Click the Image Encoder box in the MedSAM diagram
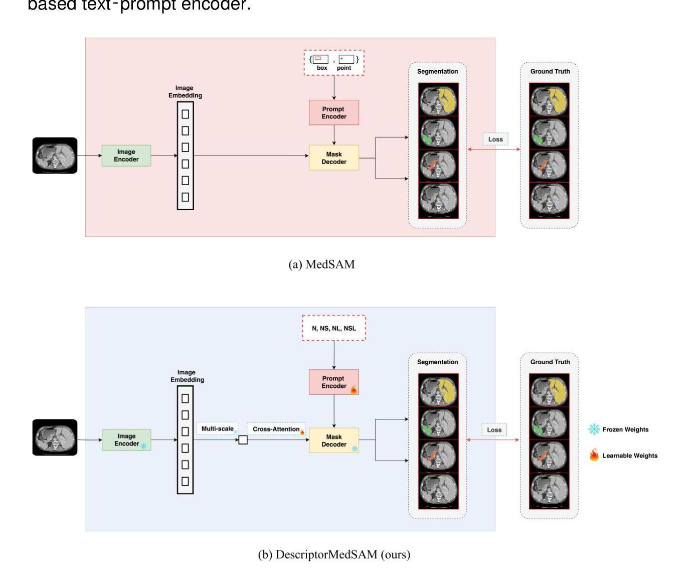(x=126, y=156)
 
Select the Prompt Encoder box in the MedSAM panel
(x=333, y=112)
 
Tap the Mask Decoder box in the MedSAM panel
(x=333, y=158)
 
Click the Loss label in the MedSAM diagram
(x=495, y=139)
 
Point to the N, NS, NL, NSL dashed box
(x=334, y=328)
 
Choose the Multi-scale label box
(x=218, y=429)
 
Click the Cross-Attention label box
(x=276, y=429)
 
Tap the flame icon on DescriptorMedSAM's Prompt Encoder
(x=354, y=389)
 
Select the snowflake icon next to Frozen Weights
(x=594, y=429)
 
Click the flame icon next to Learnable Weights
(x=594, y=455)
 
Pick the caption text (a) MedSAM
(x=321, y=264)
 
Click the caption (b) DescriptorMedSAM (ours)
(x=334, y=554)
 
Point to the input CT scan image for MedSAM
(x=55, y=156)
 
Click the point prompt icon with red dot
(x=346, y=60)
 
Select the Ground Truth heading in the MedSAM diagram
(x=550, y=71)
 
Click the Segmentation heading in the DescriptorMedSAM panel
(x=437, y=362)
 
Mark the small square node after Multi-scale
(x=243, y=440)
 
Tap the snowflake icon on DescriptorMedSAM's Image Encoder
(x=144, y=446)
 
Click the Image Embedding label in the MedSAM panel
(x=185, y=92)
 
